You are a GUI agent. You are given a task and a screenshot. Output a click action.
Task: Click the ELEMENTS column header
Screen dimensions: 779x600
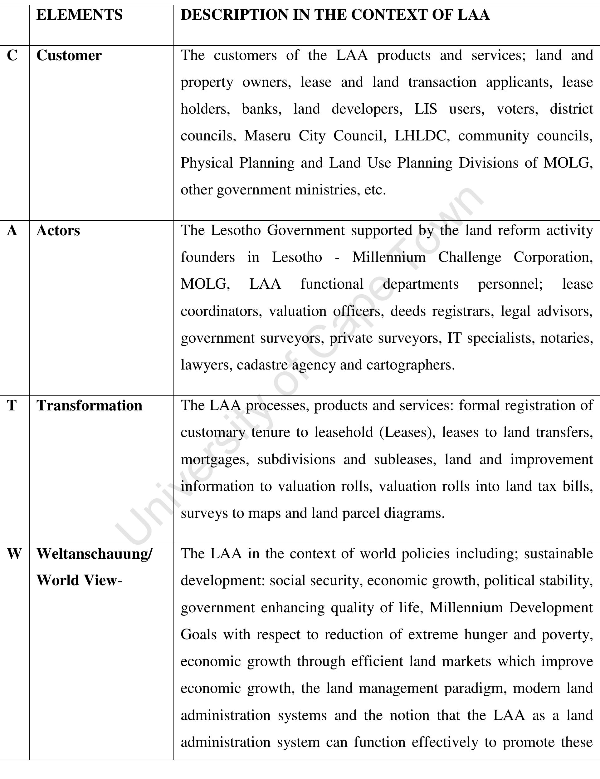point(79,15)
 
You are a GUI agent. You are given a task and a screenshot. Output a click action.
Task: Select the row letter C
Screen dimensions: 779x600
point(12,56)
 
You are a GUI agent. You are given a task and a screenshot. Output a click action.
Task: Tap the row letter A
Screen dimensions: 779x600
point(12,231)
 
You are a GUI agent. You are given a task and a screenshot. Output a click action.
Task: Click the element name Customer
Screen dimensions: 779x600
point(69,56)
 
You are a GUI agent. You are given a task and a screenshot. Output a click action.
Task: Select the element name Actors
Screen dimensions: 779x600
point(58,231)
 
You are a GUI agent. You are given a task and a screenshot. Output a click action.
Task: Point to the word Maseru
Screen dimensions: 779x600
point(267,136)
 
